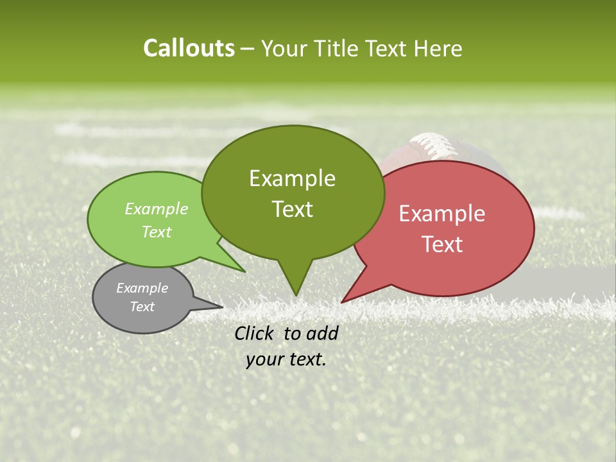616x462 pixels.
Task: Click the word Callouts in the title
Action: (x=189, y=49)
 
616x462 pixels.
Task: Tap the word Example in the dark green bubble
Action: (x=292, y=178)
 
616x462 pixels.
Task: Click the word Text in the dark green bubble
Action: (x=292, y=209)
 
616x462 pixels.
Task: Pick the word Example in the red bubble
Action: (x=442, y=214)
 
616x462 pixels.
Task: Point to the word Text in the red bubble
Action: (x=442, y=244)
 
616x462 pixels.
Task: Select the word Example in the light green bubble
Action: (x=157, y=209)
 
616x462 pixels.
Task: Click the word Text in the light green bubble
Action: (x=157, y=232)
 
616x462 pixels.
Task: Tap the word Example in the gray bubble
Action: (x=142, y=288)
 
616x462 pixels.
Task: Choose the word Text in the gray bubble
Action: (x=142, y=307)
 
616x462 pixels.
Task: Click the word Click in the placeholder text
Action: (x=255, y=333)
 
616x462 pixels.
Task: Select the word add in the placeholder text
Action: (x=323, y=333)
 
